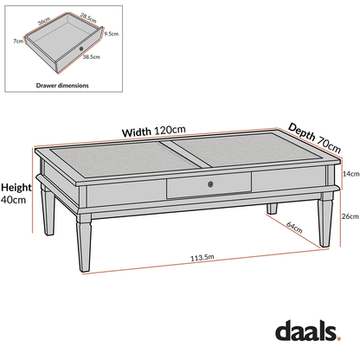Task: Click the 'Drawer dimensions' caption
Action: (61, 86)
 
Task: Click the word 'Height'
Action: (17, 188)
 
